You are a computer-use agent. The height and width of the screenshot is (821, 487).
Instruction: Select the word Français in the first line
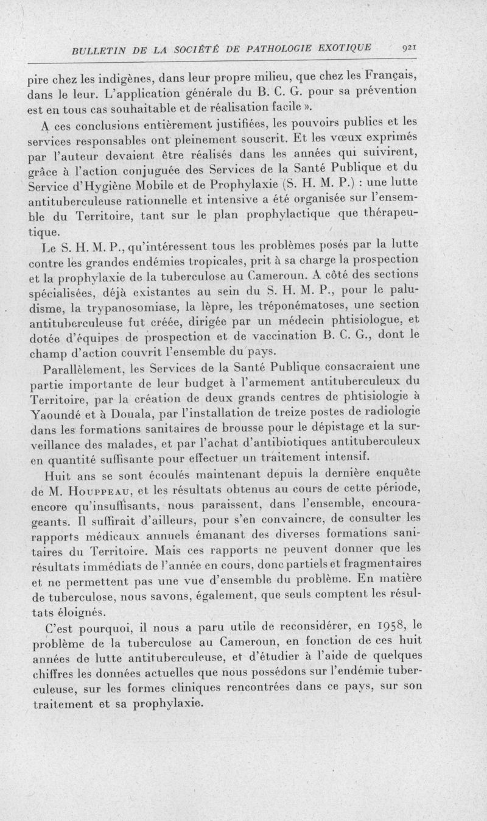[x=388, y=76]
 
